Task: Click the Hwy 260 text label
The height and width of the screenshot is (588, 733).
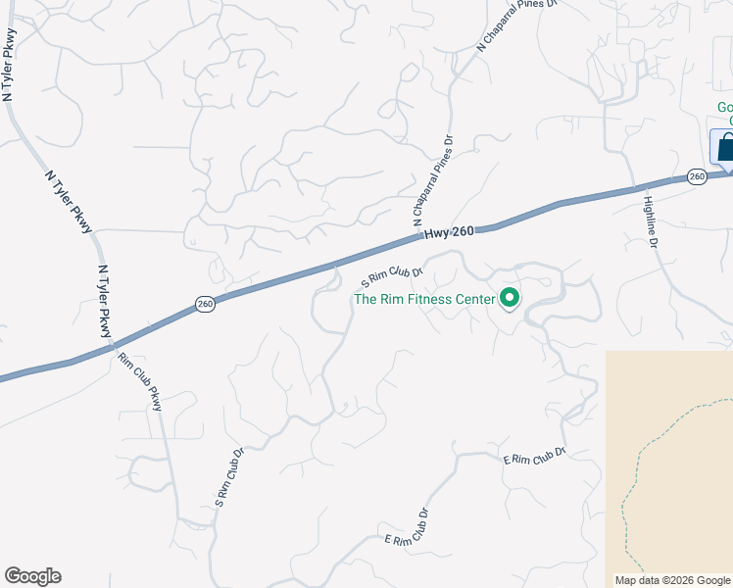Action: tap(449, 231)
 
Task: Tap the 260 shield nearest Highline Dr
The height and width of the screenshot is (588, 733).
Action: tap(696, 176)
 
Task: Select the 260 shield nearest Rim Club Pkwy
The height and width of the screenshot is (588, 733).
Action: tap(204, 304)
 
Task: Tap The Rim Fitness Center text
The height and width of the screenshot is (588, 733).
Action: tap(423, 299)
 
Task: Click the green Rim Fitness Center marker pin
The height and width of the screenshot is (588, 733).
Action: tap(510, 298)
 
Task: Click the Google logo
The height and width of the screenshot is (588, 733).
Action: tap(32, 576)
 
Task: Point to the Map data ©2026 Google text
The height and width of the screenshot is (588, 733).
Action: tap(672, 580)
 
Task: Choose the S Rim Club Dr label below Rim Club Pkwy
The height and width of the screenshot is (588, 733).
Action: tap(228, 478)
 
